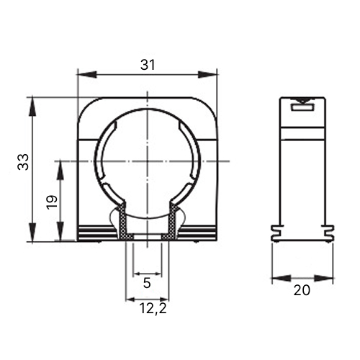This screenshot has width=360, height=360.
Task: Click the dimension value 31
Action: coord(148,65)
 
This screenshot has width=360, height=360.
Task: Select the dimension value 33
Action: coord(23,162)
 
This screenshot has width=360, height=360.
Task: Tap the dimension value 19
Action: coord(52,202)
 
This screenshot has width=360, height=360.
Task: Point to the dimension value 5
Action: coord(147,283)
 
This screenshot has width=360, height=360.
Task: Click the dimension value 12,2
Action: coord(153,309)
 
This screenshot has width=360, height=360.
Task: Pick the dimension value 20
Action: coord(302,291)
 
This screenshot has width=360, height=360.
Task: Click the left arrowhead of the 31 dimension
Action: coord(86,74)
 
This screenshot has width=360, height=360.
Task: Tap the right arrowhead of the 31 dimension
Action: coord(207,74)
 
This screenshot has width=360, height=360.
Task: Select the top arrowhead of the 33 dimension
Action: coord(32,107)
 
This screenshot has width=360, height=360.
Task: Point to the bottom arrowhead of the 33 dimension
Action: coord(32,232)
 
